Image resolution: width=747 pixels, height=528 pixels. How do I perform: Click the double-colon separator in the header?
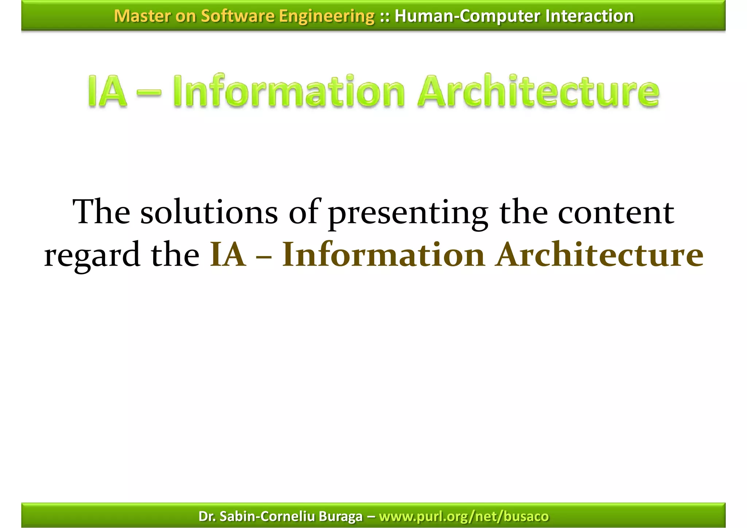click(384, 16)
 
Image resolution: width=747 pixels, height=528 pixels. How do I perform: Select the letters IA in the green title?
click(107, 91)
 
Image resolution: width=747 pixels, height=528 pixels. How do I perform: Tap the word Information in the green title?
click(289, 91)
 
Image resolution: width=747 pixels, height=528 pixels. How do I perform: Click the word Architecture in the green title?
click(538, 91)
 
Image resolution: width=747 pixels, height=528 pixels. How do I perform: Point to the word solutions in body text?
click(209, 213)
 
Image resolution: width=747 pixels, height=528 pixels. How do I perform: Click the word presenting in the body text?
click(408, 213)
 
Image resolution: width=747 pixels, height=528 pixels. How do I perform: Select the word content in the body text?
click(616, 213)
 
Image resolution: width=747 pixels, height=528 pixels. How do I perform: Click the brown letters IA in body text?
click(228, 255)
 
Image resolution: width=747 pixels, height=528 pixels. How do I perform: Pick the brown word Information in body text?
click(383, 255)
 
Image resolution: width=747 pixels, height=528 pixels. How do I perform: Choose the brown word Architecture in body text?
click(599, 255)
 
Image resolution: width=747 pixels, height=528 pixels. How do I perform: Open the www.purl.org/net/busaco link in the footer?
click(464, 516)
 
